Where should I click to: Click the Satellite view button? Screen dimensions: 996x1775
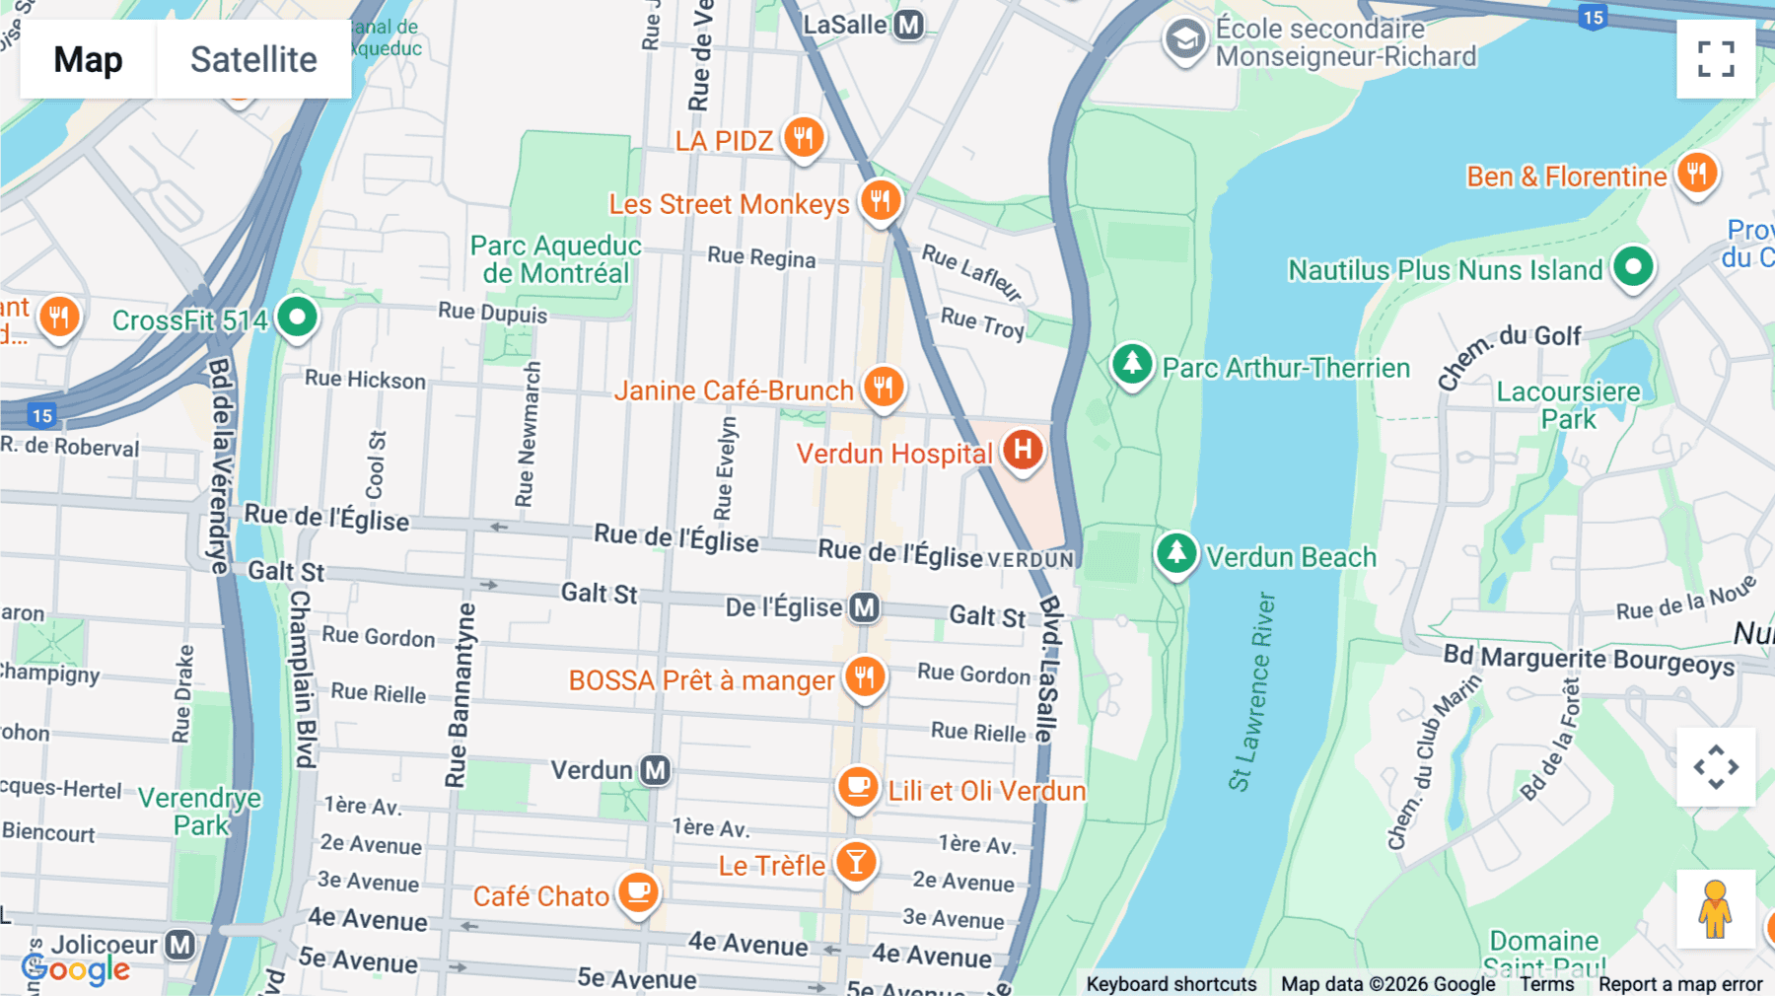point(253,59)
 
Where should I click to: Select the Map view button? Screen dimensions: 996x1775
point(88,59)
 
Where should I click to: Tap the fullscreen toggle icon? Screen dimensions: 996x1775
point(1716,59)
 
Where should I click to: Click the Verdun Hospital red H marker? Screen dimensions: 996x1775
point(1023,450)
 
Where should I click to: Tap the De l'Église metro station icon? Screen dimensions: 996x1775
point(865,607)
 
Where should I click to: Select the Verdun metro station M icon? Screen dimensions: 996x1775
point(656,770)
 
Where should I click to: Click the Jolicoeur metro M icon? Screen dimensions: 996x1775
point(179,945)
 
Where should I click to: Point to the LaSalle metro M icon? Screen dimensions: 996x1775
point(908,25)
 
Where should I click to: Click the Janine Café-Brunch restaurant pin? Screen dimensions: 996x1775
point(884,387)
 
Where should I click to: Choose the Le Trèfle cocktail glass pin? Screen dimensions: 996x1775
point(856,863)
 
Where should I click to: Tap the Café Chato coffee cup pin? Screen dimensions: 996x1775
point(639,892)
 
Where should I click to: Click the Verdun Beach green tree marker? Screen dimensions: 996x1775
point(1176,553)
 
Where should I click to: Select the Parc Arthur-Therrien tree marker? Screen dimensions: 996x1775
point(1132,364)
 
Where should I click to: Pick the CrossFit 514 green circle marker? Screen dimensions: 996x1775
point(297,318)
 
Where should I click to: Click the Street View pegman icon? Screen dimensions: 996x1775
point(1715,909)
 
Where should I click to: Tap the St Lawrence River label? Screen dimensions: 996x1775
point(1251,690)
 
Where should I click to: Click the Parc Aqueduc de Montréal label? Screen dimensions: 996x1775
point(555,259)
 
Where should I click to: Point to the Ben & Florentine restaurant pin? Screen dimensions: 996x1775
point(1696,174)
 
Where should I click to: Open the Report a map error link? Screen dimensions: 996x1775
point(1679,984)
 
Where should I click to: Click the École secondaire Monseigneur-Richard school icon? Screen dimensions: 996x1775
point(1184,40)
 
